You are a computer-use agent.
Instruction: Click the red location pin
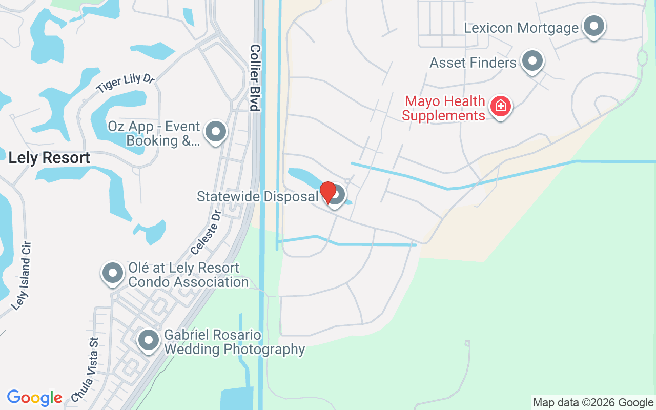tap(327, 192)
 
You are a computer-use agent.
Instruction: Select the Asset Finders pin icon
tap(532, 61)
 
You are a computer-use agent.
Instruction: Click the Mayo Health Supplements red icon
tap(500, 106)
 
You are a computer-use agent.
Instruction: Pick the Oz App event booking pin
tap(216, 132)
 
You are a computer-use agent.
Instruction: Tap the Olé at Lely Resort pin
tap(112, 274)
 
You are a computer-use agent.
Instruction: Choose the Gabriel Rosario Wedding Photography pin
tap(149, 340)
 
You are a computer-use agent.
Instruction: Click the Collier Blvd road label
tap(255, 77)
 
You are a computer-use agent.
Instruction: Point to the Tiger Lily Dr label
tap(125, 83)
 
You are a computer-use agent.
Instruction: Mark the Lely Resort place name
tap(49, 158)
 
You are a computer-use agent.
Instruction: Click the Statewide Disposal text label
tap(257, 196)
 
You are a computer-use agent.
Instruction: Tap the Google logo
tap(34, 398)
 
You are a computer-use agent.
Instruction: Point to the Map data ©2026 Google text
tap(593, 403)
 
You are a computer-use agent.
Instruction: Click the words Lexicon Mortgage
tap(521, 28)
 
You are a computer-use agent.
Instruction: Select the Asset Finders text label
tap(473, 63)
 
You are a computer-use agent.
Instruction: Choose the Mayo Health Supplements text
tap(444, 108)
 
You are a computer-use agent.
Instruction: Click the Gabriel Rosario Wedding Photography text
tap(234, 342)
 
